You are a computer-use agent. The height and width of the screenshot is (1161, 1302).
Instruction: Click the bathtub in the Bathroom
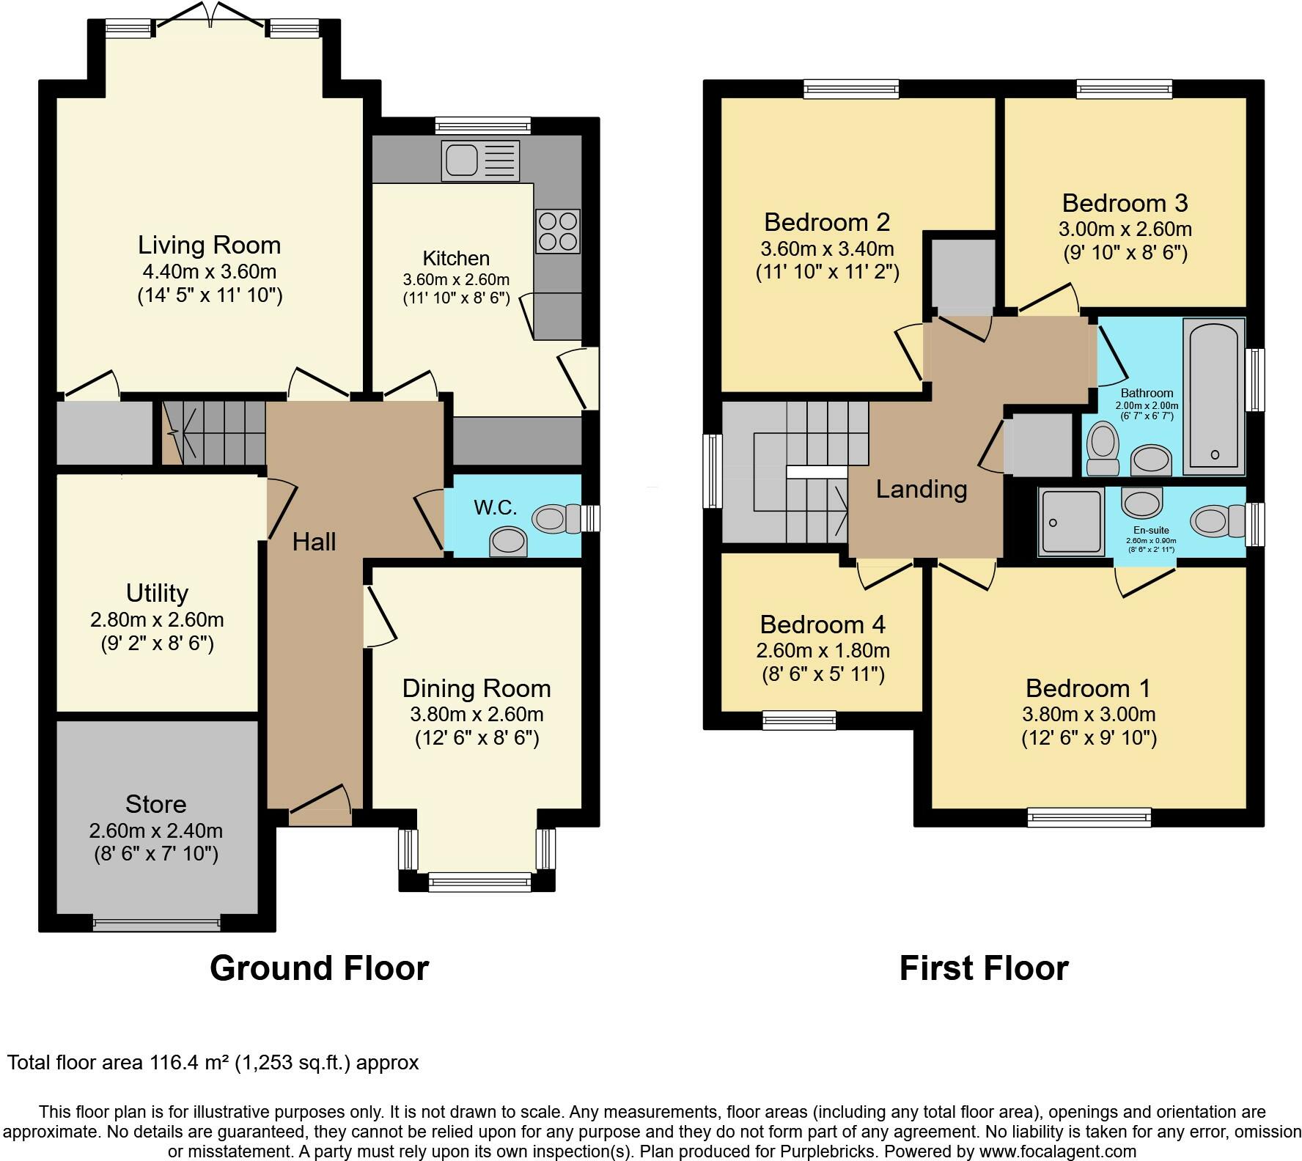point(1214,397)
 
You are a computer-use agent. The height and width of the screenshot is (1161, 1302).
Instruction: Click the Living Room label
point(210,245)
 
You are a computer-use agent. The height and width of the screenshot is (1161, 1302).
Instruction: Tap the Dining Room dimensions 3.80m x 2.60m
point(477,714)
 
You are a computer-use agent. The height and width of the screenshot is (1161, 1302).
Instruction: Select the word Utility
point(157,593)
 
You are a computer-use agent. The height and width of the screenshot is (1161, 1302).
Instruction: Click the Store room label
point(156,804)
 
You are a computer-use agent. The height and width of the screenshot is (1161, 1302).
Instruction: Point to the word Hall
point(314,542)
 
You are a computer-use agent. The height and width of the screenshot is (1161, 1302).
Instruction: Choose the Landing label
point(922,489)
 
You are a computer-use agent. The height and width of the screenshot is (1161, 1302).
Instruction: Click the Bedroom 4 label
point(823,624)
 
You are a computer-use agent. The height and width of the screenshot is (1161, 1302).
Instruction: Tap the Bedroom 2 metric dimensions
point(828,249)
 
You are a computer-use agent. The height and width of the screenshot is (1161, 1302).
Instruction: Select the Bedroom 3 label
point(1125,203)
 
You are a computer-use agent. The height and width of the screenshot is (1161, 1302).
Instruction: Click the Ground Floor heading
point(320,968)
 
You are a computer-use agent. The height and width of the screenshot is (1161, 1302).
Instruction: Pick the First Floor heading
point(984,968)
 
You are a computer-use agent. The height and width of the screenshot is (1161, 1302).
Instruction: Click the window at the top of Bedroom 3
point(1125,89)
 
